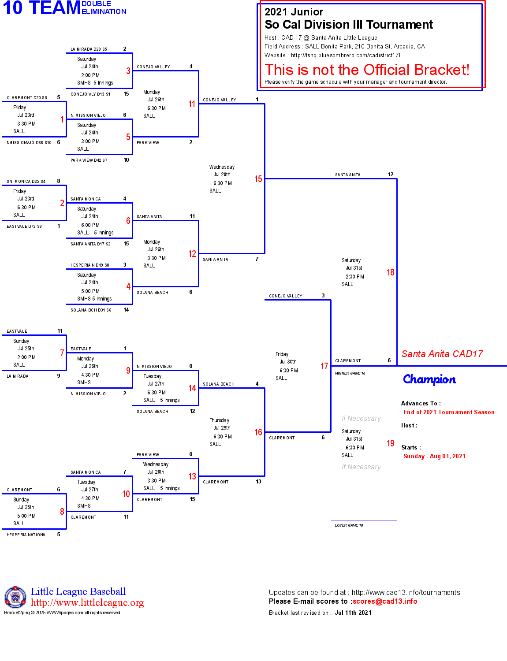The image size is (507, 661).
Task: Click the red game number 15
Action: [x=258, y=179]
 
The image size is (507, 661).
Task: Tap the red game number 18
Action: [x=390, y=272]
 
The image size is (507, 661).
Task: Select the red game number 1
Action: [x=62, y=119]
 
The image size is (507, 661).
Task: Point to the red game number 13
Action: [x=192, y=476]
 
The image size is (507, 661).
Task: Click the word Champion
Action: [x=429, y=379]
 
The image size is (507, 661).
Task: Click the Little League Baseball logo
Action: [x=15, y=598]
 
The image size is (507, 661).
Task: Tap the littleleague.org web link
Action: [x=87, y=603]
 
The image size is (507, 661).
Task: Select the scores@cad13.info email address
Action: [x=384, y=602]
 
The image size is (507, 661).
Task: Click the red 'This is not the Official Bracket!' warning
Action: [x=367, y=70]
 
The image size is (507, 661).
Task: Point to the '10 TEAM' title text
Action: [x=41, y=8]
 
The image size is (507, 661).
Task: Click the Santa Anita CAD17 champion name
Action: [x=442, y=354]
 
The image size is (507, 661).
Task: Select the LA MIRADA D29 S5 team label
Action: [x=89, y=49]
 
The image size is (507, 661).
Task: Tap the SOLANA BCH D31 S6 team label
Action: [x=91, y=310]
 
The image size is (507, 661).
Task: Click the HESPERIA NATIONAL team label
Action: [x=27, y=535]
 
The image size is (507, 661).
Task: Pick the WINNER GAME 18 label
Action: [x=350, y=373]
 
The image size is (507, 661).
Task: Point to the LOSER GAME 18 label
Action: [x=349, y=525]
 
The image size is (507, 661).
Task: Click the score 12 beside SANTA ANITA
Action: [x=391, y=175]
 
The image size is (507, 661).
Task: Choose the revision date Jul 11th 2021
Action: [x=353, y=613]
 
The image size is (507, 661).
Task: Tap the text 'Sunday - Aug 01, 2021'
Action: [x=434, y=457]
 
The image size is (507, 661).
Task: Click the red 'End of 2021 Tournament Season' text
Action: [x=449, y=412]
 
